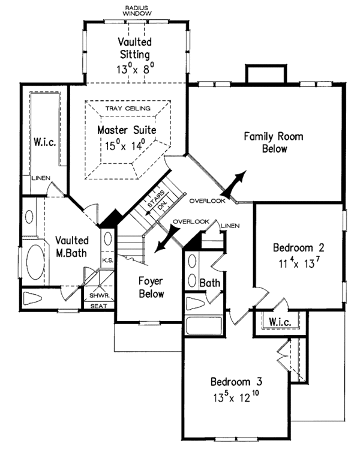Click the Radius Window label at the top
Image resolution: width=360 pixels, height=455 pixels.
(x=137, y=11)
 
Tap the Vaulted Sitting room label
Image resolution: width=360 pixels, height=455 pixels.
(x=135, y=48)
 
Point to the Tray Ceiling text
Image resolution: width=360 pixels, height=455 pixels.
(x=128, y=109)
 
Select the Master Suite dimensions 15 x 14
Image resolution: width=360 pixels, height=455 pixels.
(x=125, y=145)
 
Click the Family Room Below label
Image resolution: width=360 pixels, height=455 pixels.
(x=274, y=142)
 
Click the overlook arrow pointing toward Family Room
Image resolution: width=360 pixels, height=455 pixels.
(x=233, y=184)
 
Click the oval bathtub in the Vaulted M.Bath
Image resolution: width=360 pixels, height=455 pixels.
(x=35, y=262)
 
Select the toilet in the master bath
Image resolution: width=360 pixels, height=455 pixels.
(x=32, y=298)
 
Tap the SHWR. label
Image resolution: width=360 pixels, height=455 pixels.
(x=99, y=296)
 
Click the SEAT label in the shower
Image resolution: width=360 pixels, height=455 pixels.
(x=98, y=306)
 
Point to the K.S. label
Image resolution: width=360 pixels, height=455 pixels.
(x=108, y=261)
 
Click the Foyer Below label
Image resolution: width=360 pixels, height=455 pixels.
(x=151, y=288)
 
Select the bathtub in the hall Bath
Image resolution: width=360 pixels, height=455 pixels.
(x=204, y=325)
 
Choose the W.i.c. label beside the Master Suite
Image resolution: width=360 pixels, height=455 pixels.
(x=44, y=142)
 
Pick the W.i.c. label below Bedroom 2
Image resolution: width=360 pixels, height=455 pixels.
(x=280, y=322)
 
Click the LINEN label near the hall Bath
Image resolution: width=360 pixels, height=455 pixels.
(x=230, y=226)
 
